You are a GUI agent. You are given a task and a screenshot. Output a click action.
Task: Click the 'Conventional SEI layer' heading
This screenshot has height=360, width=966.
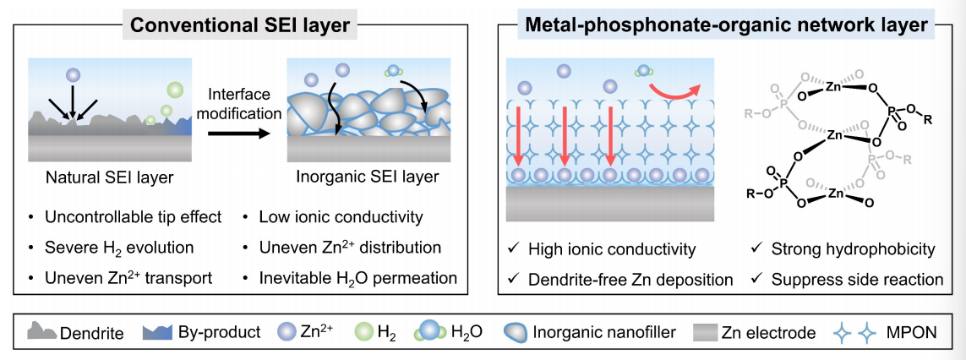240,26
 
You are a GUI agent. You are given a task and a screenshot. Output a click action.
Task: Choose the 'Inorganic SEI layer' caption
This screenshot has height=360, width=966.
368,177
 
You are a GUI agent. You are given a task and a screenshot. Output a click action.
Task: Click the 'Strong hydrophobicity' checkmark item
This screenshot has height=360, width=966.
853,249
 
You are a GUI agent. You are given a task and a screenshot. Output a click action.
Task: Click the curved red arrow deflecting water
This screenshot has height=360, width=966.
676,86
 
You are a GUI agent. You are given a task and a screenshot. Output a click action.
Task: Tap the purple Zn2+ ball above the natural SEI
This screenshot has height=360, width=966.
74,74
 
